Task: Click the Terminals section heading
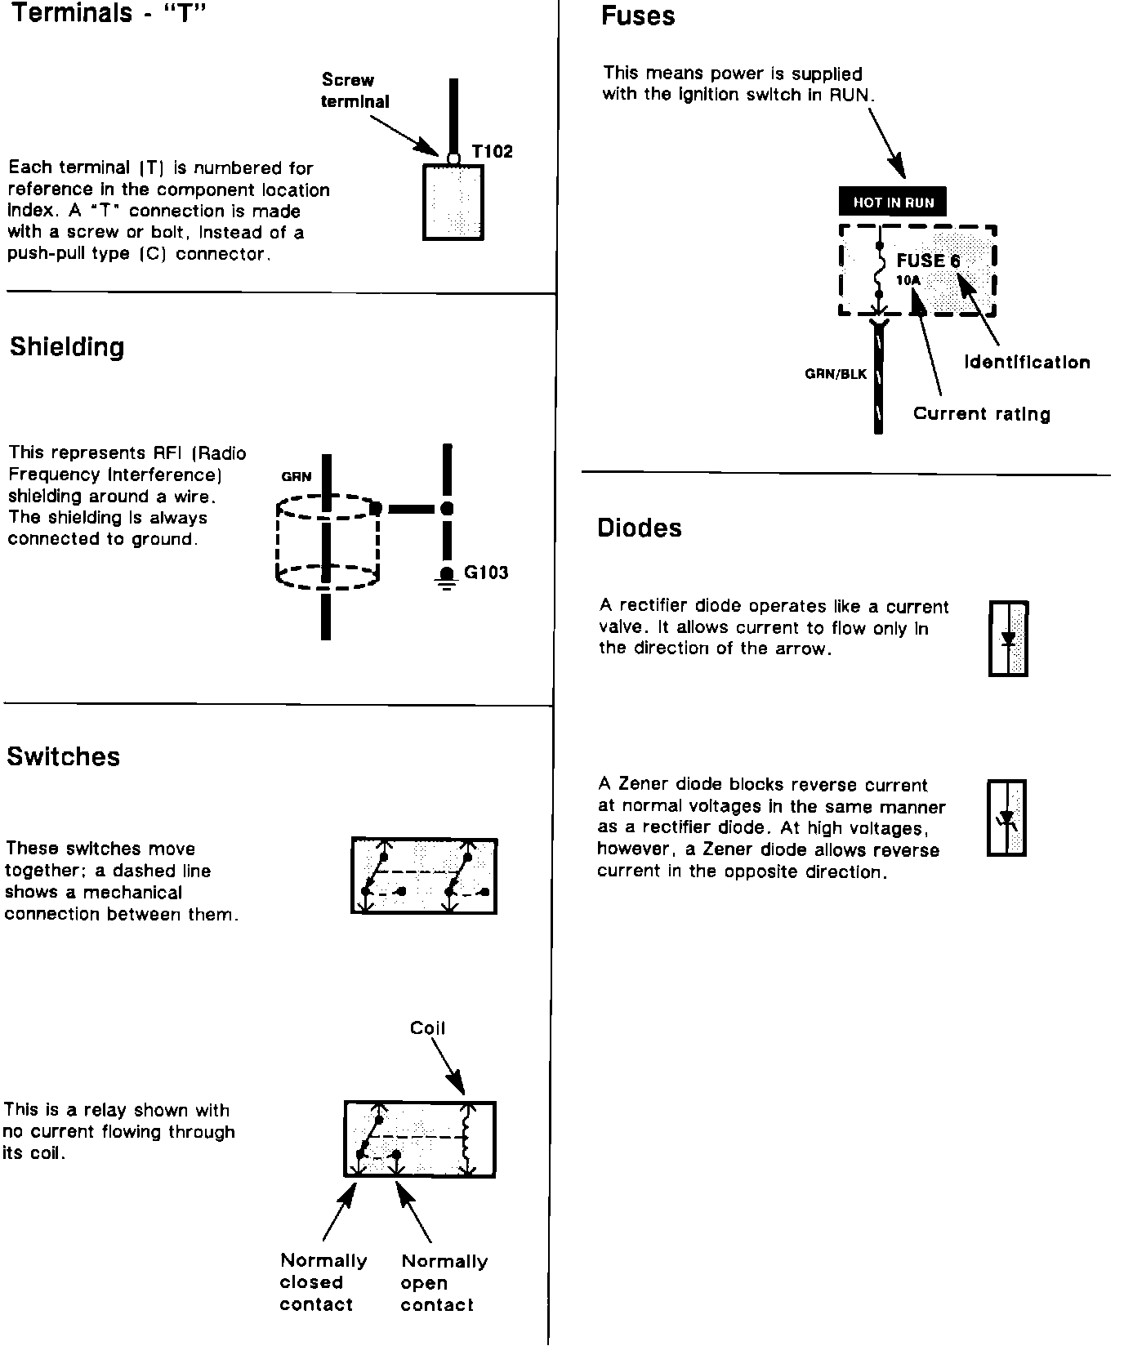click(x=105, y=14)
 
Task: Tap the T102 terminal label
click(x=492, y=152)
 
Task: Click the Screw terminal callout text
click(x=355, y=91)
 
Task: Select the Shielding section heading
click(x=67, y=347)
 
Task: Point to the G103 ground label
click(x=486, y=573)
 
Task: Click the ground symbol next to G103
click(x=446, y=577)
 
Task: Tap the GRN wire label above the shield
click(x=297, y=477)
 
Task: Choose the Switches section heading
click(x=63, y=756)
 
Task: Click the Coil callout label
click(x=427, y=1028)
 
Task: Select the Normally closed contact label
click(x=323, y=1282)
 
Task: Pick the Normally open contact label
click(x=444, y=1282)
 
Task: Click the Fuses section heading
click(x=638, y=16)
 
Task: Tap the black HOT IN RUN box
click(x=893, y=202)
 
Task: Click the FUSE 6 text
click(x=928, y=261)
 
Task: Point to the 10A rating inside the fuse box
click(x=908, y=281)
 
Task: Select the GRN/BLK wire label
click(x=836, y=375)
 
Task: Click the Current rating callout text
click(x=981, y=414)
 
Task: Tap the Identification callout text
click(x=1027, y=363)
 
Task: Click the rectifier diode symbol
click(x=1008, y=639)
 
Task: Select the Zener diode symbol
click(x=1006, y=818)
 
